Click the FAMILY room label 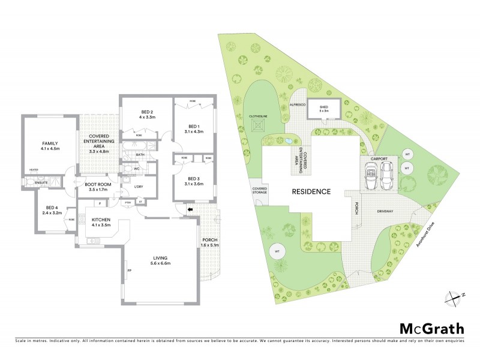pyautogui.click(x=50, y=143)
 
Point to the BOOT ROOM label pyautogui.click(x=99, y=184)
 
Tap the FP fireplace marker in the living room pyautogui.click(x=129, y=271)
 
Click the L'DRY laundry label pyautogui.click(x=139, y=187)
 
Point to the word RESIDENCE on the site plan pyautogui.click(x=311, y=192)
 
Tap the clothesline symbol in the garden pyautogui.click(x=260, y=124)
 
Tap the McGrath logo pyautogui.click(x=432, y=328)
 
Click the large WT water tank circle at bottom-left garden pyautogui.click(x=277, y=251)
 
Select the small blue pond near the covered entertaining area pyautogui.click(x=290, y=142)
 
